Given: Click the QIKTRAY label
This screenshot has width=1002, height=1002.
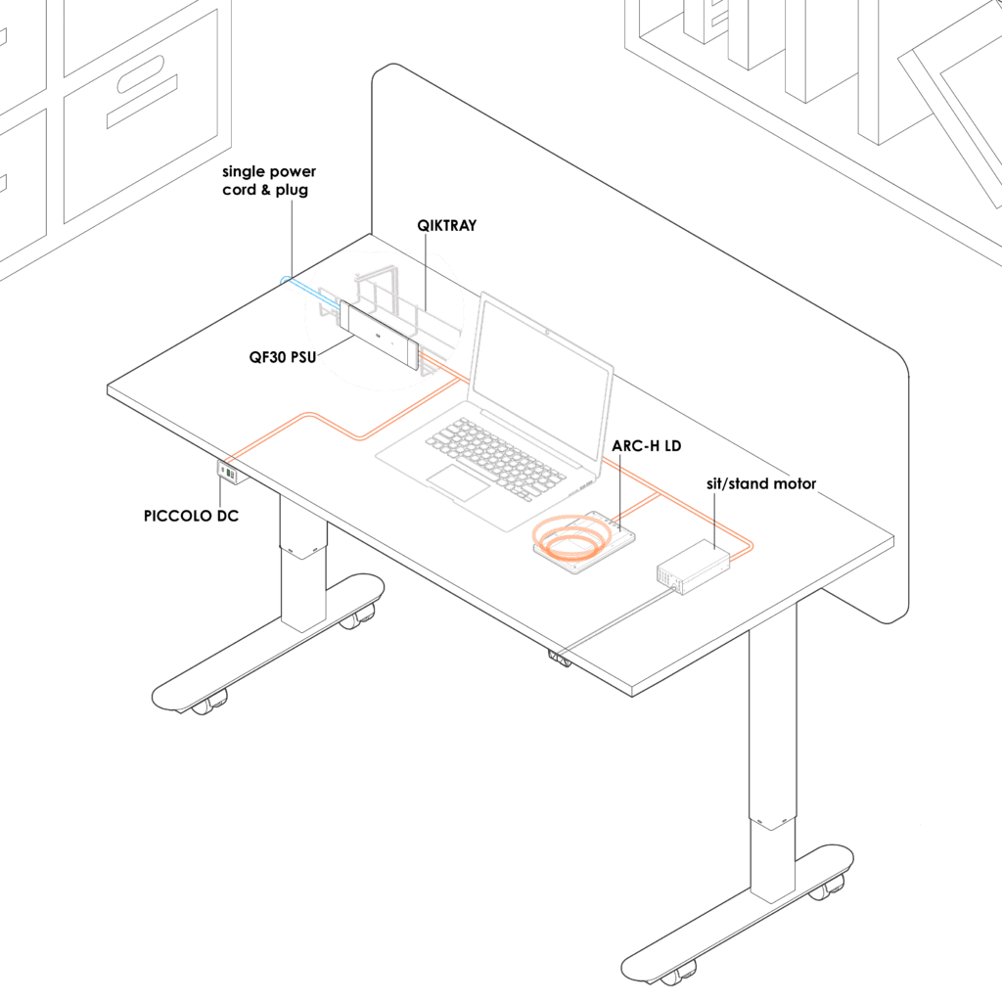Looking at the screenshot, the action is (x=446, y=226).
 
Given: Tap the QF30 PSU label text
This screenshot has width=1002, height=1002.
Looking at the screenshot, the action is (x=283, y=357).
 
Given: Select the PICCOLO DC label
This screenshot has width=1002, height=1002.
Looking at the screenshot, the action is (x=191, y=516).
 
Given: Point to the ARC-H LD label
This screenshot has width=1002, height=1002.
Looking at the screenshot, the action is (x=646, y=446).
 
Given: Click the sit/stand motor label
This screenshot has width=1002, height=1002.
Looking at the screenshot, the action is (x=761, y=483).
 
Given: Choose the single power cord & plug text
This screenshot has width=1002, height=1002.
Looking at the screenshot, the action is (x=269, y=181).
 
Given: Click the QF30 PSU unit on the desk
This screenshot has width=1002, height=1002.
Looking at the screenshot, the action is (x=379, y=335).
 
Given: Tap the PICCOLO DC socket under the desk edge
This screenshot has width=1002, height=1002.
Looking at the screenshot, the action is (x=232, y=473).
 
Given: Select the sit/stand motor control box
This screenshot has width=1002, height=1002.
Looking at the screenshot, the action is (x=694, y=567).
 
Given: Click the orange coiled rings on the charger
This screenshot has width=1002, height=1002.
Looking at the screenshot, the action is (x=570, y=536).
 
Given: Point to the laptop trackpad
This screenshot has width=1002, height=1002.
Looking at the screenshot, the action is (x=458, y=482).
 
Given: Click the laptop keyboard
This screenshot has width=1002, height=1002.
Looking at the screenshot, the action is (x=495, y=456).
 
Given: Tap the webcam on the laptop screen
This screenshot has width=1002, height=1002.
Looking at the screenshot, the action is (x=548, y=332).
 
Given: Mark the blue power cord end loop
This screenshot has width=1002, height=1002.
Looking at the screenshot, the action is (x=285, y=281).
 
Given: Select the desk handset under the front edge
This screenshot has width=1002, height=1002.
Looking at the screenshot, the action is (x=559, y=659).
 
